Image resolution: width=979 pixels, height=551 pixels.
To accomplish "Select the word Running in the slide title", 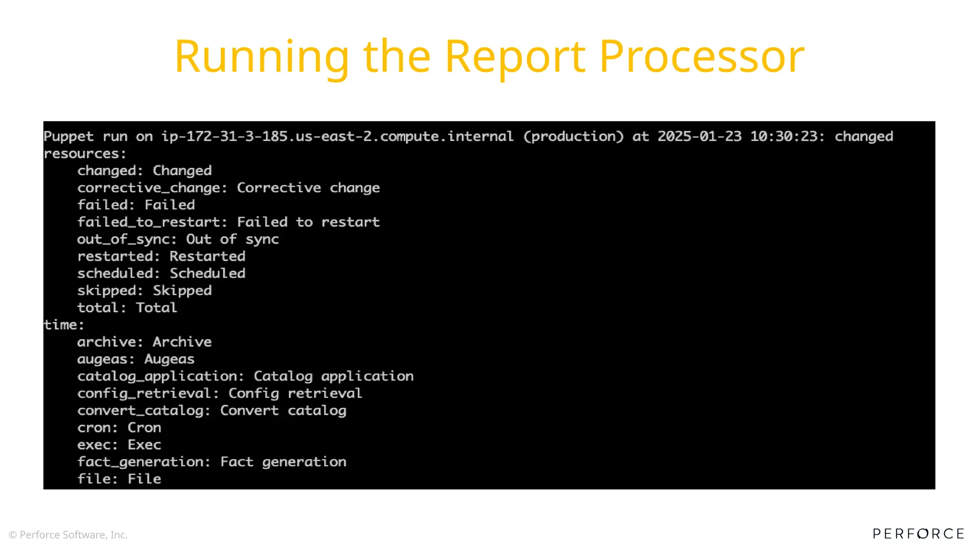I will (262, 57).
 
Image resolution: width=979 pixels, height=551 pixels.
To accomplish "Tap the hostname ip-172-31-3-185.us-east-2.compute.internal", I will (337, 137).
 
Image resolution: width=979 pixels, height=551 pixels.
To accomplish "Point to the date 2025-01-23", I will (699, 136).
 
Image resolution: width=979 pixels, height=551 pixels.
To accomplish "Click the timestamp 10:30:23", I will (787, 136).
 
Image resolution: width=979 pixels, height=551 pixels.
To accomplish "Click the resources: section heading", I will (85, 154).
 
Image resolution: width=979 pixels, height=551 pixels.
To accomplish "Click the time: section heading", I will (64, 325).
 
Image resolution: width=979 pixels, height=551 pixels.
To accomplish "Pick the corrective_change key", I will (152, 188).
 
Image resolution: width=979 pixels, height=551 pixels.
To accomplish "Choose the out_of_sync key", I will (127, 239).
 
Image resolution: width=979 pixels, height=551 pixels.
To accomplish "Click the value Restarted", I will (207, 256).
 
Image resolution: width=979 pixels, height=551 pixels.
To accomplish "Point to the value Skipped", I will (182, 291).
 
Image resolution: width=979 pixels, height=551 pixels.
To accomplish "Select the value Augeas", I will (169, 359).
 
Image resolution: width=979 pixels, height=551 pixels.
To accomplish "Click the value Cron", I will (144, 428).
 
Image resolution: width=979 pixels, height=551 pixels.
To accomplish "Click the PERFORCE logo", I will (918, 534).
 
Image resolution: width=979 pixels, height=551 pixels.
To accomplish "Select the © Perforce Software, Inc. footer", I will (68, 535).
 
